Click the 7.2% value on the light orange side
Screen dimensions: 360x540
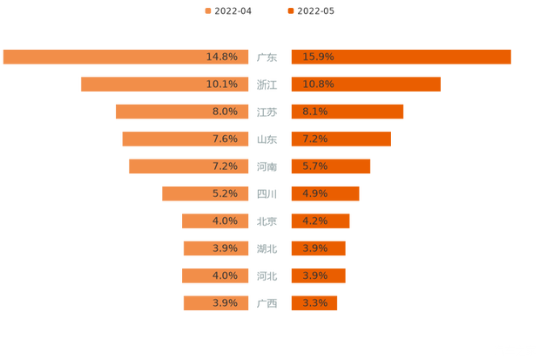tap(225, 166)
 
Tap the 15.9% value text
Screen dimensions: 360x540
tap(318, 57)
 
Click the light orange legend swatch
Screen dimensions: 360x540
tap(207, 10)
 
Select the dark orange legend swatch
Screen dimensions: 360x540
tap(289, 10)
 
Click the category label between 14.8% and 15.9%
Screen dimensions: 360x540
tap(267, 58)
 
